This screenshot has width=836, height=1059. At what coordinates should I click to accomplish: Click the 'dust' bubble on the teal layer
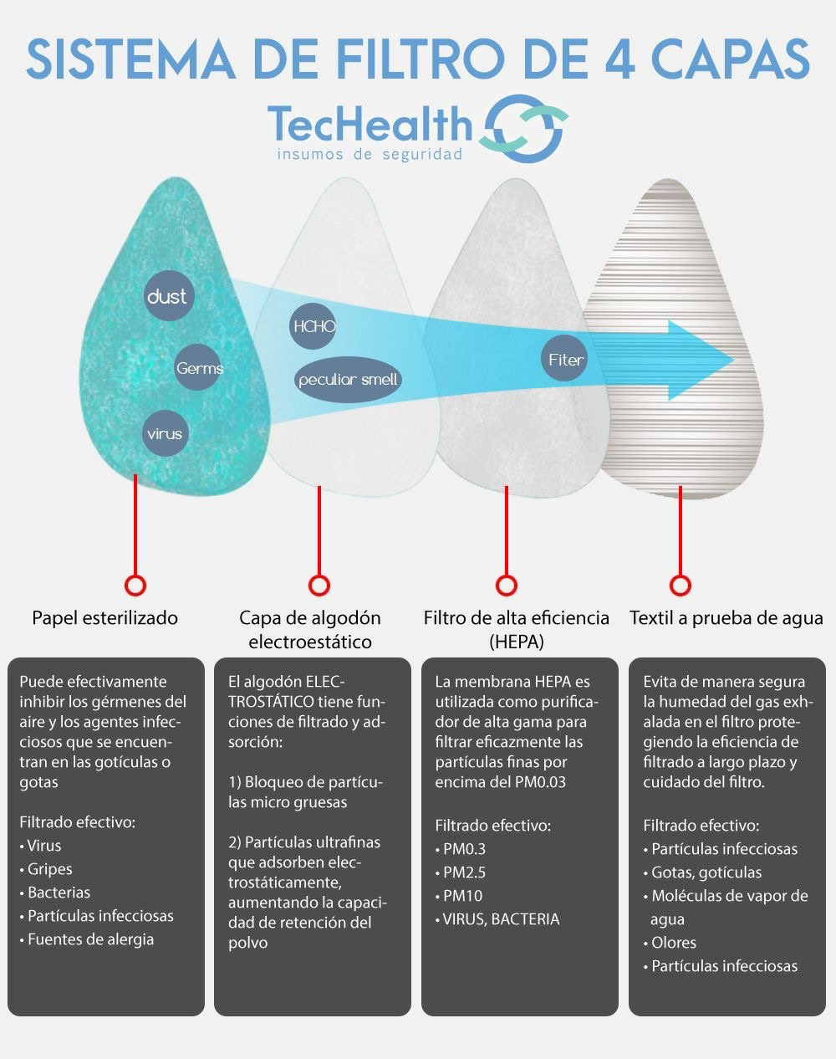(x=169, y=296)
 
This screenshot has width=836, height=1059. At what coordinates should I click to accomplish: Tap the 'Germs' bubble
(x=198, y=367)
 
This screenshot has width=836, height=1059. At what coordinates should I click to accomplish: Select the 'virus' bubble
(x=166, y=433)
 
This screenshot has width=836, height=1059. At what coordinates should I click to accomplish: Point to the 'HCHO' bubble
(x=313, y=325)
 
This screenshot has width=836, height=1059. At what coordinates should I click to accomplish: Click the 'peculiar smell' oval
(x=348, y=380)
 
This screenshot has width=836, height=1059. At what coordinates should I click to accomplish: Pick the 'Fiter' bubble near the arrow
(x=564, y=358)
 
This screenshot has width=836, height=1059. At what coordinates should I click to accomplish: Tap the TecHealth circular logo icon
(x=524, y=129)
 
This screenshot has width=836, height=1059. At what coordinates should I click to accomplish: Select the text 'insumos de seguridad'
(x=370, y=155)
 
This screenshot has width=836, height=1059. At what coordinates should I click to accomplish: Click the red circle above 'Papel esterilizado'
(x=135, y=586)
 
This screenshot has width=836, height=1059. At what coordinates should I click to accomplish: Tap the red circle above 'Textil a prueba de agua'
(x=681, y=586)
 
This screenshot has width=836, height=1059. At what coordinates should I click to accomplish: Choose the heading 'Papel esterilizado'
(x=104, y=618)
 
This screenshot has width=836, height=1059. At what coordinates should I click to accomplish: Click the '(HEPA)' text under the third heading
(x=517, y=642)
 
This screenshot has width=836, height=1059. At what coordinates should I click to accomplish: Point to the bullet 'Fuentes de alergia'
(x=87, y=939)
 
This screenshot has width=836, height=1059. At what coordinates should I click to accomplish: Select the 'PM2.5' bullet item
(x=461, y=872)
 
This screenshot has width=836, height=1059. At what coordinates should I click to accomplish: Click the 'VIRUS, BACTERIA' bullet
(x=497, y=918)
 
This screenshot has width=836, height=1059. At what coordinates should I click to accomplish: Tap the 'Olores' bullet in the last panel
(x=670, y=943)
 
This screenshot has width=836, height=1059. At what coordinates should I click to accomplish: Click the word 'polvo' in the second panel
(x=247, y=944)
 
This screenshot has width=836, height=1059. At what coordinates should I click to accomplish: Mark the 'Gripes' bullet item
(x=46, y=869)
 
